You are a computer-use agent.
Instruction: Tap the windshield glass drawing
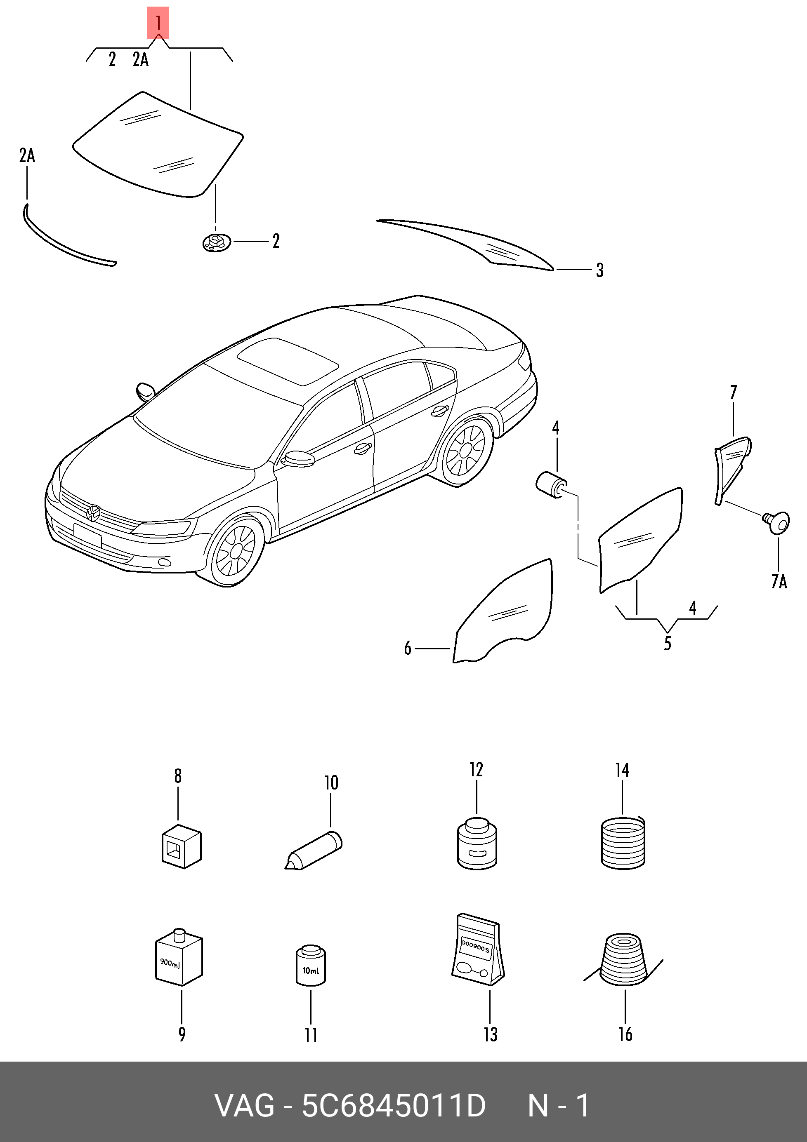pyautogui.click(x=158, y=144)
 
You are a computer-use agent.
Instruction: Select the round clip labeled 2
pyautogui.click(x=217, y=243)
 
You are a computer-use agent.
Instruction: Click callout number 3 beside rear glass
pyautogui.click(x=600, y=270)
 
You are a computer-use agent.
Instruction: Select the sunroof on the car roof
pyautogui.click(x=288, y=361)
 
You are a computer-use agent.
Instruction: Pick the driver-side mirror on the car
pyautogui.click(x=298, y=458)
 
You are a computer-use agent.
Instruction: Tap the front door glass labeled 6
pyautogui.click(x=503, y=611)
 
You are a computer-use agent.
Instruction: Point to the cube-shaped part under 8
pyautogui.click(x=181, y=846)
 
